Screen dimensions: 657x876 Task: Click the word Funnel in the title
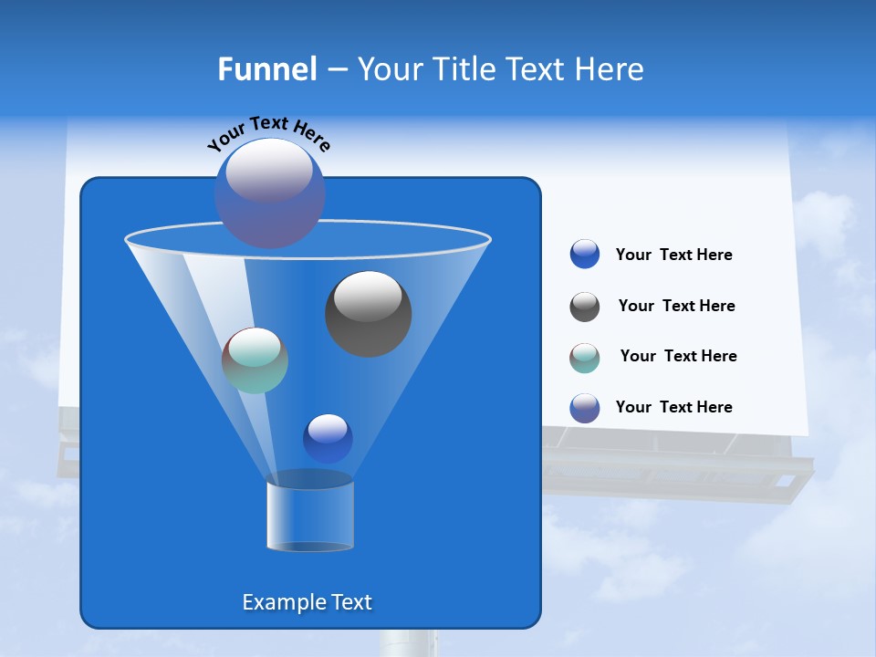(266, 69)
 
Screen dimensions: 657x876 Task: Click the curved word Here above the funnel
(312, 137)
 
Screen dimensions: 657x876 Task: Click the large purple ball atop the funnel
(269, 193)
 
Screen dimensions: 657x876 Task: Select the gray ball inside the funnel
(368, 313)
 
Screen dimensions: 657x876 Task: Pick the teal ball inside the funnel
(255, 360)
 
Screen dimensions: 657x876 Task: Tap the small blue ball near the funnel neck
(328, 438)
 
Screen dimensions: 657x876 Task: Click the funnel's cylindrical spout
(309, 516)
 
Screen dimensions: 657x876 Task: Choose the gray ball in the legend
(585, 307)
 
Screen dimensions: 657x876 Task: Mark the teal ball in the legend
(585, 358)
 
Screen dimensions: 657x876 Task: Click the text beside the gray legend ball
(676, 306)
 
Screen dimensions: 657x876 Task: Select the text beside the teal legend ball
(678, 356)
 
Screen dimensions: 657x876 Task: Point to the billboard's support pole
(408, 642)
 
